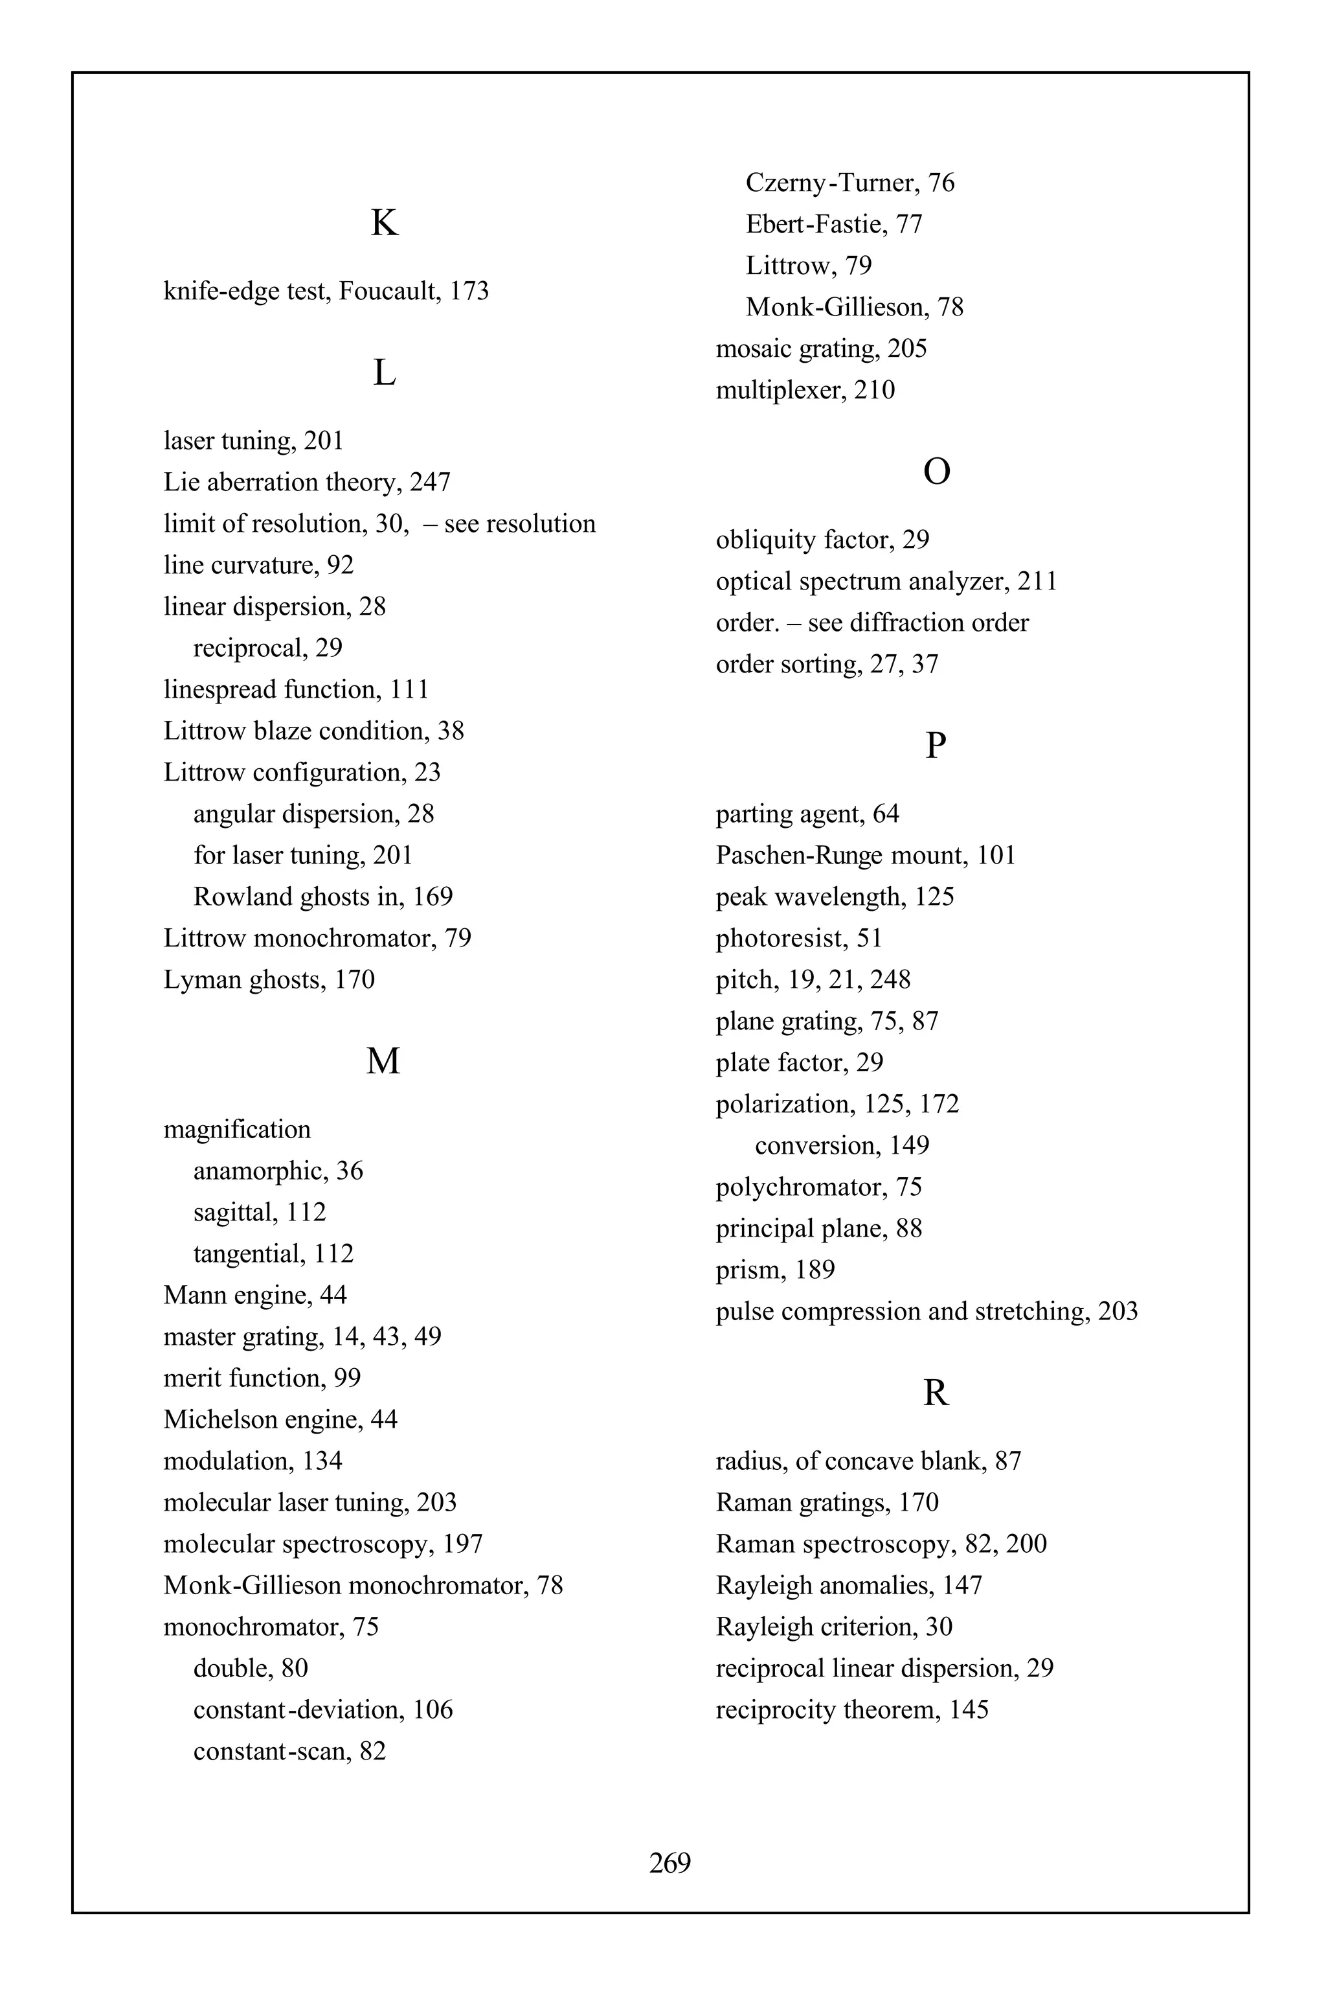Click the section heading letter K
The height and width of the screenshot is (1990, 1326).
tap(384, 223)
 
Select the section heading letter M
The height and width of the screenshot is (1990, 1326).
tap(383, 1061)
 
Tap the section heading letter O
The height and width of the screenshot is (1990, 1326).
tap(936, 472)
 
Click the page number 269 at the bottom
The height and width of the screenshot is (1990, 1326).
tap(669, 1862)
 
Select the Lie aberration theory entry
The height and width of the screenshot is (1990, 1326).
tap(306, 482)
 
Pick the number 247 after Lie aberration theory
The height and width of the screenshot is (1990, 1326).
tap(430, 482)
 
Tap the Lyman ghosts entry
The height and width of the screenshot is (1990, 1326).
tap(268, 979)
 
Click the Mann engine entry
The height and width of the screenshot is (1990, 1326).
tap(254, 1296)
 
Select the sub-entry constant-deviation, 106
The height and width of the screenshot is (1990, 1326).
tap(322, 1710)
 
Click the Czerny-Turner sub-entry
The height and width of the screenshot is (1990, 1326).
tap(849, 183)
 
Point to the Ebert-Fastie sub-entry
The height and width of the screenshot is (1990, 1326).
tap(833, 224)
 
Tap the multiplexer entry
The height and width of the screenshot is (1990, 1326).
tap(804, 390)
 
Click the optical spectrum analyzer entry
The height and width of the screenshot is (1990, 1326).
tap(886, 581)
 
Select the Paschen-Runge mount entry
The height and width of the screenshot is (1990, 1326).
tap(865, 855)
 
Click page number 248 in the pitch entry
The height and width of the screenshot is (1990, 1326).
tap(890, 979)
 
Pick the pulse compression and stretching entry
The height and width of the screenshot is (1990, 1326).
tap(926, 1311)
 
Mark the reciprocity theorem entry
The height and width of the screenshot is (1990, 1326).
tap(851, 1710)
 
